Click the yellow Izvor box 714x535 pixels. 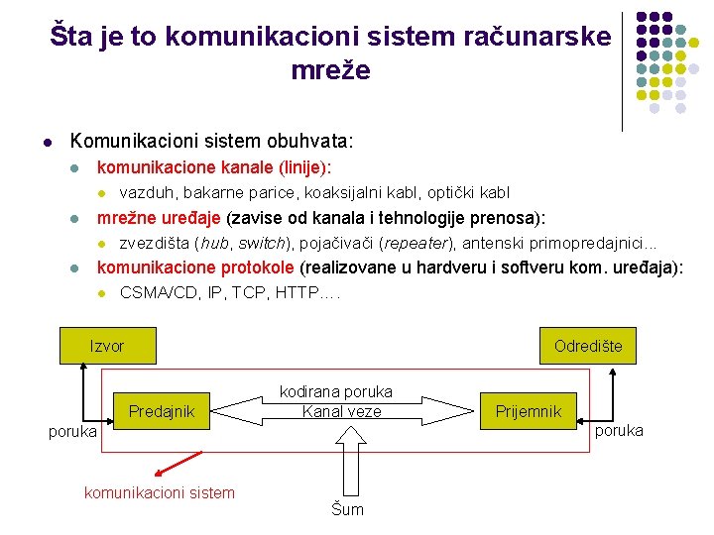pos(107,346)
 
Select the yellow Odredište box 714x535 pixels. pos(588,346)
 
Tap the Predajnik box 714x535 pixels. pos(162,411)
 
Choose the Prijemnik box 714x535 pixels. pos(529,411)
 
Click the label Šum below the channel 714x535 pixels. pos(347,509)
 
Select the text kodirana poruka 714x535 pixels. pos(336,391)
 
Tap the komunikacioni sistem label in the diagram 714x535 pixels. pos(160,492)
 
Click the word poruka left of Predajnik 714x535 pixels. pos(73,431)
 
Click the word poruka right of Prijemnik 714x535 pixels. pos(619,430)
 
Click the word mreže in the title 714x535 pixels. pos(331,70)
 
